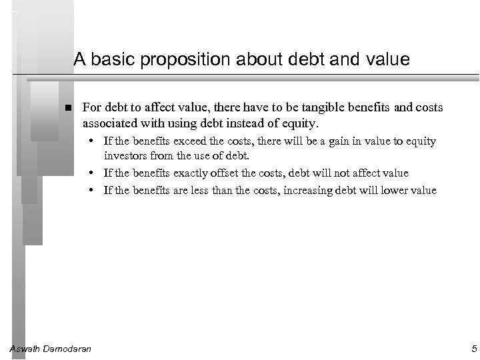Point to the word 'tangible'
322,107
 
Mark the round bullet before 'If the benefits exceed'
96,141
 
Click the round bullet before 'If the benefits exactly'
96,173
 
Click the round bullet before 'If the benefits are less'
96,191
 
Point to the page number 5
472,348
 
